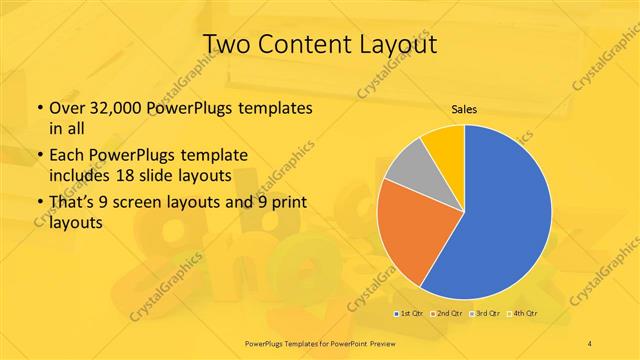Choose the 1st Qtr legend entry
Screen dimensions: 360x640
click(409, 314)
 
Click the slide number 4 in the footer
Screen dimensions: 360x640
click(590, 343)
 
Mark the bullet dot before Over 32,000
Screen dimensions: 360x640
click(39, 108)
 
